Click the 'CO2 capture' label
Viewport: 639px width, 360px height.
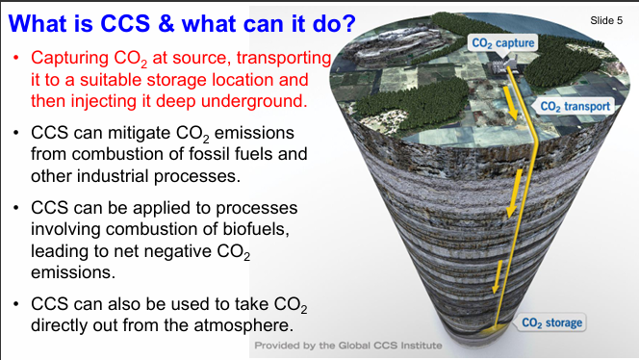pos(501,42)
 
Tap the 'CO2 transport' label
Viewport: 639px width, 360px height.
pos(575,106)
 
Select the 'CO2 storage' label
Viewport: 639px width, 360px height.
pos(551,321)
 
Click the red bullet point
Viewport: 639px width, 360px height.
pos(15,60)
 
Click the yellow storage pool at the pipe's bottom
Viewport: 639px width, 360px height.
pos(494,329)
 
